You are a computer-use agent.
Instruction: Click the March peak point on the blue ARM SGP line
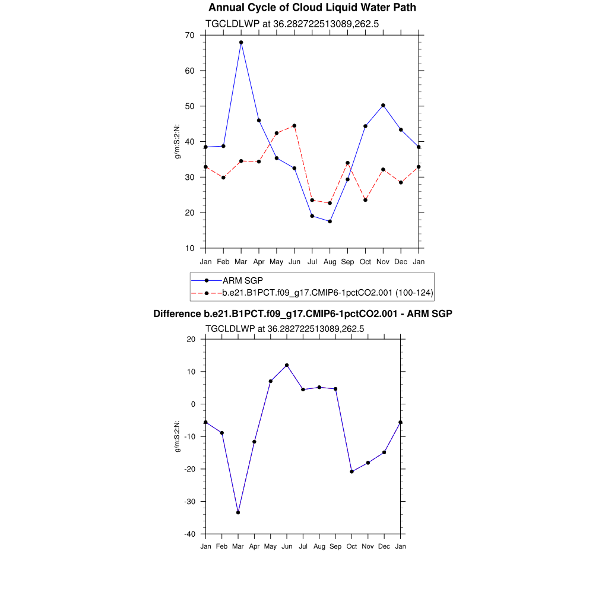(241, 42)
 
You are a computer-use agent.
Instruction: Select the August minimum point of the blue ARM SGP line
(330, 221)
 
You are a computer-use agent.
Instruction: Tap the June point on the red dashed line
(294, 126)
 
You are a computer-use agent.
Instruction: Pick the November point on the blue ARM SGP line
(383, 105)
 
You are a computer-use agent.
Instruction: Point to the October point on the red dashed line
(365, 200)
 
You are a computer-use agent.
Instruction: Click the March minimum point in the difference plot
(238, 512)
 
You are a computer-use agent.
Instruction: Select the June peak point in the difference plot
(287, 365)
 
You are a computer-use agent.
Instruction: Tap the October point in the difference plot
(352, 471)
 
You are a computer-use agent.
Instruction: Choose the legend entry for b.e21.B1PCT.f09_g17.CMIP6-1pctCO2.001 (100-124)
(327, 293)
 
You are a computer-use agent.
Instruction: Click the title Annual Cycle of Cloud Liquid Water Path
(312, 8)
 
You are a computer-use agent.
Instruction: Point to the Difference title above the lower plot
(303, 313)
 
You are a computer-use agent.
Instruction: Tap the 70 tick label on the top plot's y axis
(189, 35)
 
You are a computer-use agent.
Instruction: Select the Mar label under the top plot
(241, 262)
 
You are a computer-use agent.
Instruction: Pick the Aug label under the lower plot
(319, 546)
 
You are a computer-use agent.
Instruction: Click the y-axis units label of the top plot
(177, 141)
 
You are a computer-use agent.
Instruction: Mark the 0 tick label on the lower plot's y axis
(193, 404)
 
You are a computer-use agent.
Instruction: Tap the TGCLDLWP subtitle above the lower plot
(284, 328)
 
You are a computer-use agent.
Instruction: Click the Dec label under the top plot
(401, 262)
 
